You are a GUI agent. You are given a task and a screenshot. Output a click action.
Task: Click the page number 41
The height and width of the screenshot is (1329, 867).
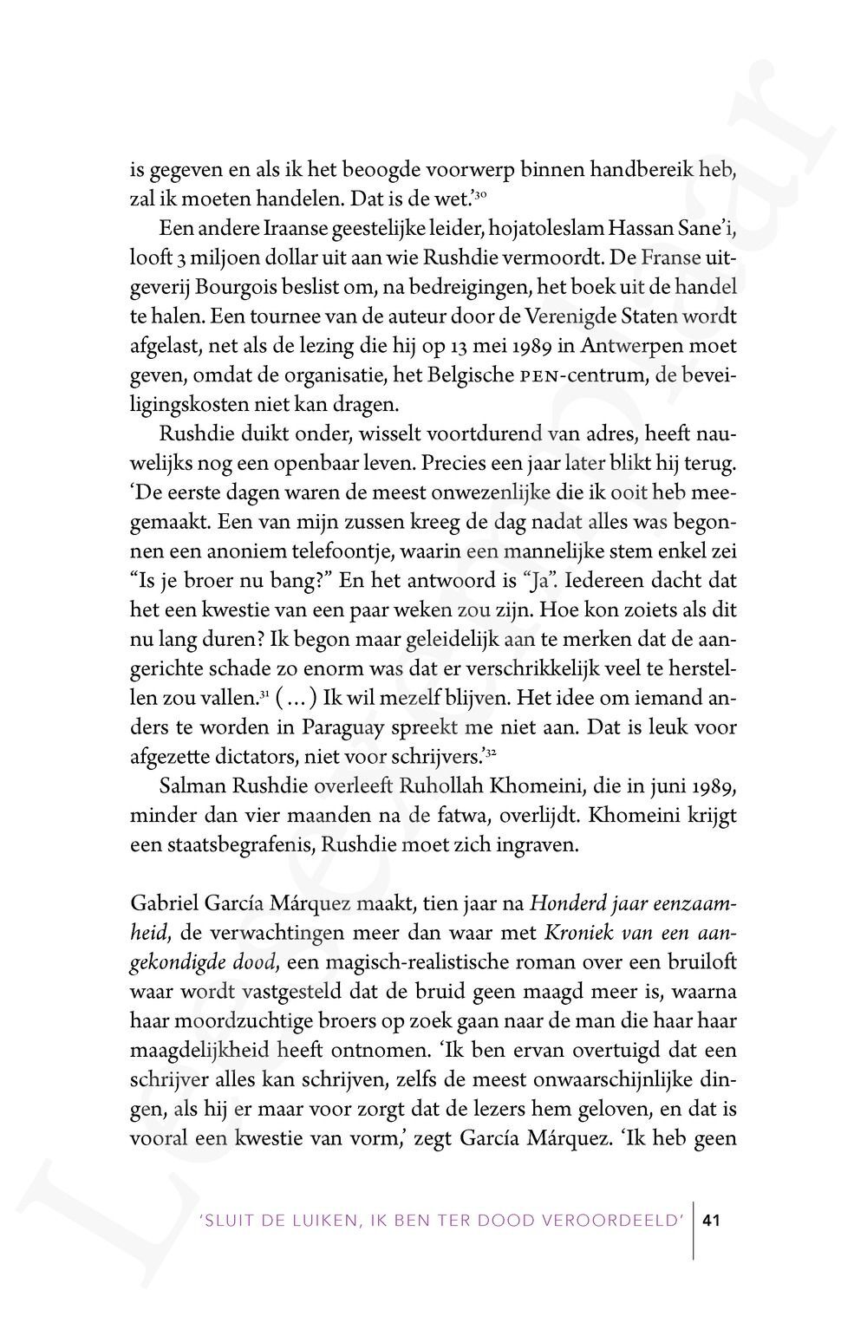point(713,1221)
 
